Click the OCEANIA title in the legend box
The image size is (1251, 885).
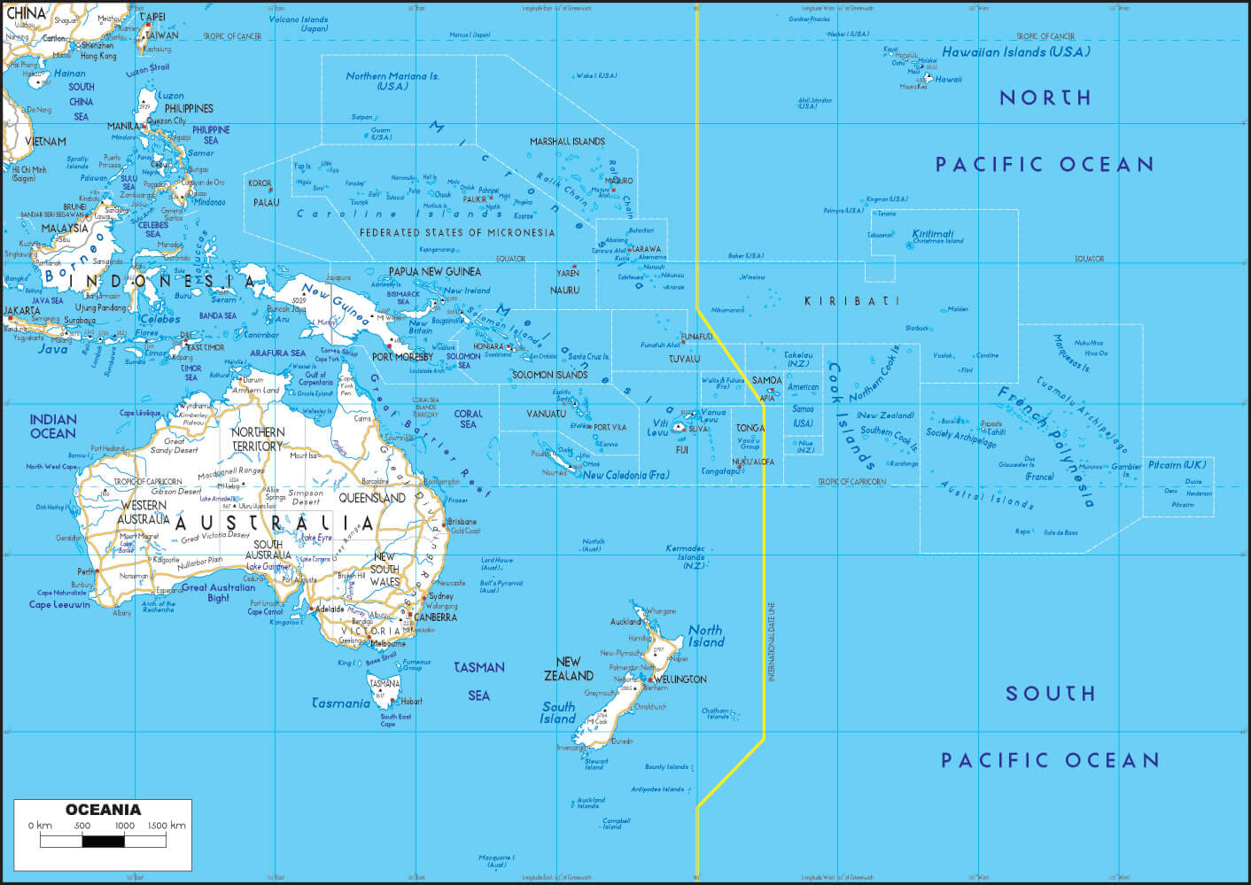[103, 810]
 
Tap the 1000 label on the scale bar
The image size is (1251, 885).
[125, 826]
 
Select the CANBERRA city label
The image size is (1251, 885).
[435, 617]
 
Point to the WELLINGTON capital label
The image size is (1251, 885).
[680, 679]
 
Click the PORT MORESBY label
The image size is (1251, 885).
[402, 357]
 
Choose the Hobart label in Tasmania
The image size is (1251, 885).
[411, 701]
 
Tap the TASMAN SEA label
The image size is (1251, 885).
[479, 680]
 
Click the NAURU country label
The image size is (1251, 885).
[564, 291]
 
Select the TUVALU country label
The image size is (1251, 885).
[684, 359]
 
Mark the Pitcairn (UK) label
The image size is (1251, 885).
[1177, 465]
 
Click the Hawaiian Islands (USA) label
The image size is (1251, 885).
[1015, 52]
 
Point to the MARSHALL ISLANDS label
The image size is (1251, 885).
[567, 142]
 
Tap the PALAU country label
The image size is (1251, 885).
[266, 203]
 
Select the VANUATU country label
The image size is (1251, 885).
[546, 415]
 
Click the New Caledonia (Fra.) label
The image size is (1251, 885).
[625, 476]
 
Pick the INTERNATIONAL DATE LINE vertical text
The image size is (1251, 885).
[771, 642]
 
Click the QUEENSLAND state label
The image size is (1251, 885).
[372, 499]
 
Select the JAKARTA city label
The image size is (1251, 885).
[22, 311]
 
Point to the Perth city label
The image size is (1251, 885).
[86, 571]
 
